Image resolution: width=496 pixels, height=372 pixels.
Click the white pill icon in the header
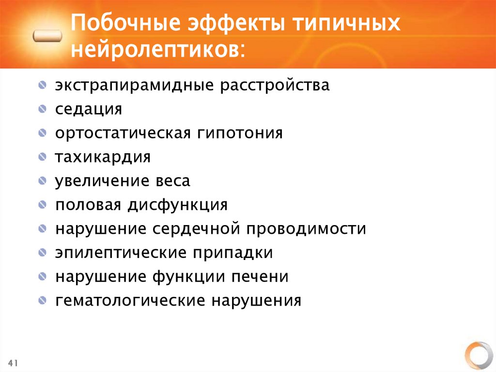(x=47, y=36)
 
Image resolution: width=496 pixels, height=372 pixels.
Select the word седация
(x=88, y=109)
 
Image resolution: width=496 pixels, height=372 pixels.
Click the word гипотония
(x=240, y=133)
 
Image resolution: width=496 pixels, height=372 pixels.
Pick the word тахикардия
(x=103, y=157)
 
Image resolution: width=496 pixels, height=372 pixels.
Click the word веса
(x=173, y=181)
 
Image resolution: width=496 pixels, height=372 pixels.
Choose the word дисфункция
(x=178, y=205)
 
